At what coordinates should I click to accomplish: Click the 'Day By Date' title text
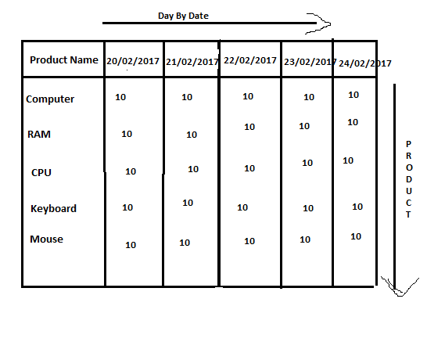pyautogui.click(x=183, y=16)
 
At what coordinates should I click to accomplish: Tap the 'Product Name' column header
pyautogui.click(x=64, y=59)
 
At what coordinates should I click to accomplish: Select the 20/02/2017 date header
pyautogui.click(x=133, y=61)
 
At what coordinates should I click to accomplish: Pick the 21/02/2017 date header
pyautogui.click(x=192, y=62)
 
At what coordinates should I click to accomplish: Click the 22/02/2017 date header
pyautogui.click(x=250, y=60)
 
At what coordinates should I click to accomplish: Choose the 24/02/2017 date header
pyautogui.click(x=365, y=63)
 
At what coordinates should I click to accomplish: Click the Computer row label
pyautogui.click(x=50, y=99)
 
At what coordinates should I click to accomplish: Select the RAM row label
pyautogui.click(x=39, y=134)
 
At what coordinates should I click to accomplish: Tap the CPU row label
pyautogui.click(x=41, y=172)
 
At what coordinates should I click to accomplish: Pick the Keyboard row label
pyautogui.click(x=53, y=208)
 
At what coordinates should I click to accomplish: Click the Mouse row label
pyautogui.click(x=47, y=239)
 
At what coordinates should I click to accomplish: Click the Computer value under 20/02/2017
pyautogui.click(x=120, y=97)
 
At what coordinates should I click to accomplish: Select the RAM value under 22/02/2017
pyautogui.click(x=249, y=127)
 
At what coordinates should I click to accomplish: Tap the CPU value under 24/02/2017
pyautogui.click(x=348, y=160)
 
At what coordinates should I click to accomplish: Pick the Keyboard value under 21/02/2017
pyautogui.click(x=188, y=203)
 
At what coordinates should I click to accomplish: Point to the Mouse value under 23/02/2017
pyautogui.click(x=305, y=239)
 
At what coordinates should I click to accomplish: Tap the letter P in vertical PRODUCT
pyautogui.click(x=408, y=144)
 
